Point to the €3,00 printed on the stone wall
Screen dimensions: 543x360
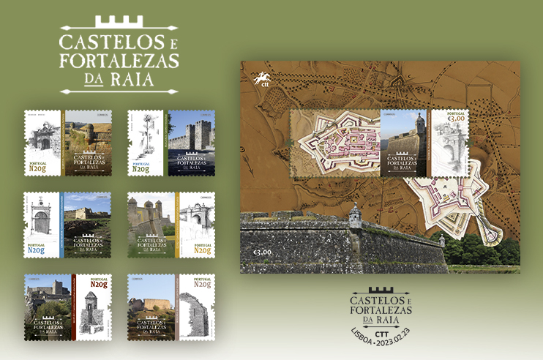(262, 252)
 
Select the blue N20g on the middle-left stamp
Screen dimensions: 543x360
(38, 250)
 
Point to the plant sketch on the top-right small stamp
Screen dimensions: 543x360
(147, 131)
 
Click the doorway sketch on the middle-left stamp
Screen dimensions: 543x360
(42, 218)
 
